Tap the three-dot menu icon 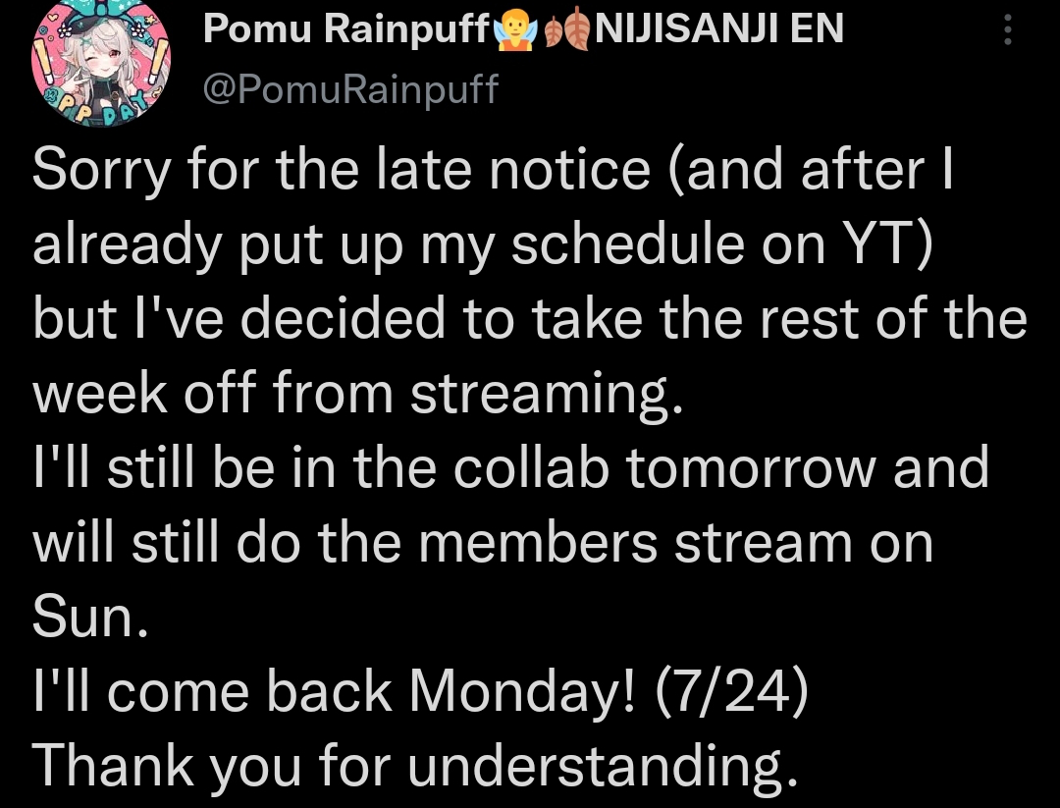(x=1007, y=29)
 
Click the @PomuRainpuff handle (x=350, y=89)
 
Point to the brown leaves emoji (x=566, y=30)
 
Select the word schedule (x=628, y=243)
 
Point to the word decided (x=343, y=318)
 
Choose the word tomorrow (x=751, y=468)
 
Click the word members (x=538, y=542)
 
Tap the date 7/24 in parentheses (x=731, y=692)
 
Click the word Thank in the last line (x=113, y=765)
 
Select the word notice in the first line (x=569, y=171)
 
